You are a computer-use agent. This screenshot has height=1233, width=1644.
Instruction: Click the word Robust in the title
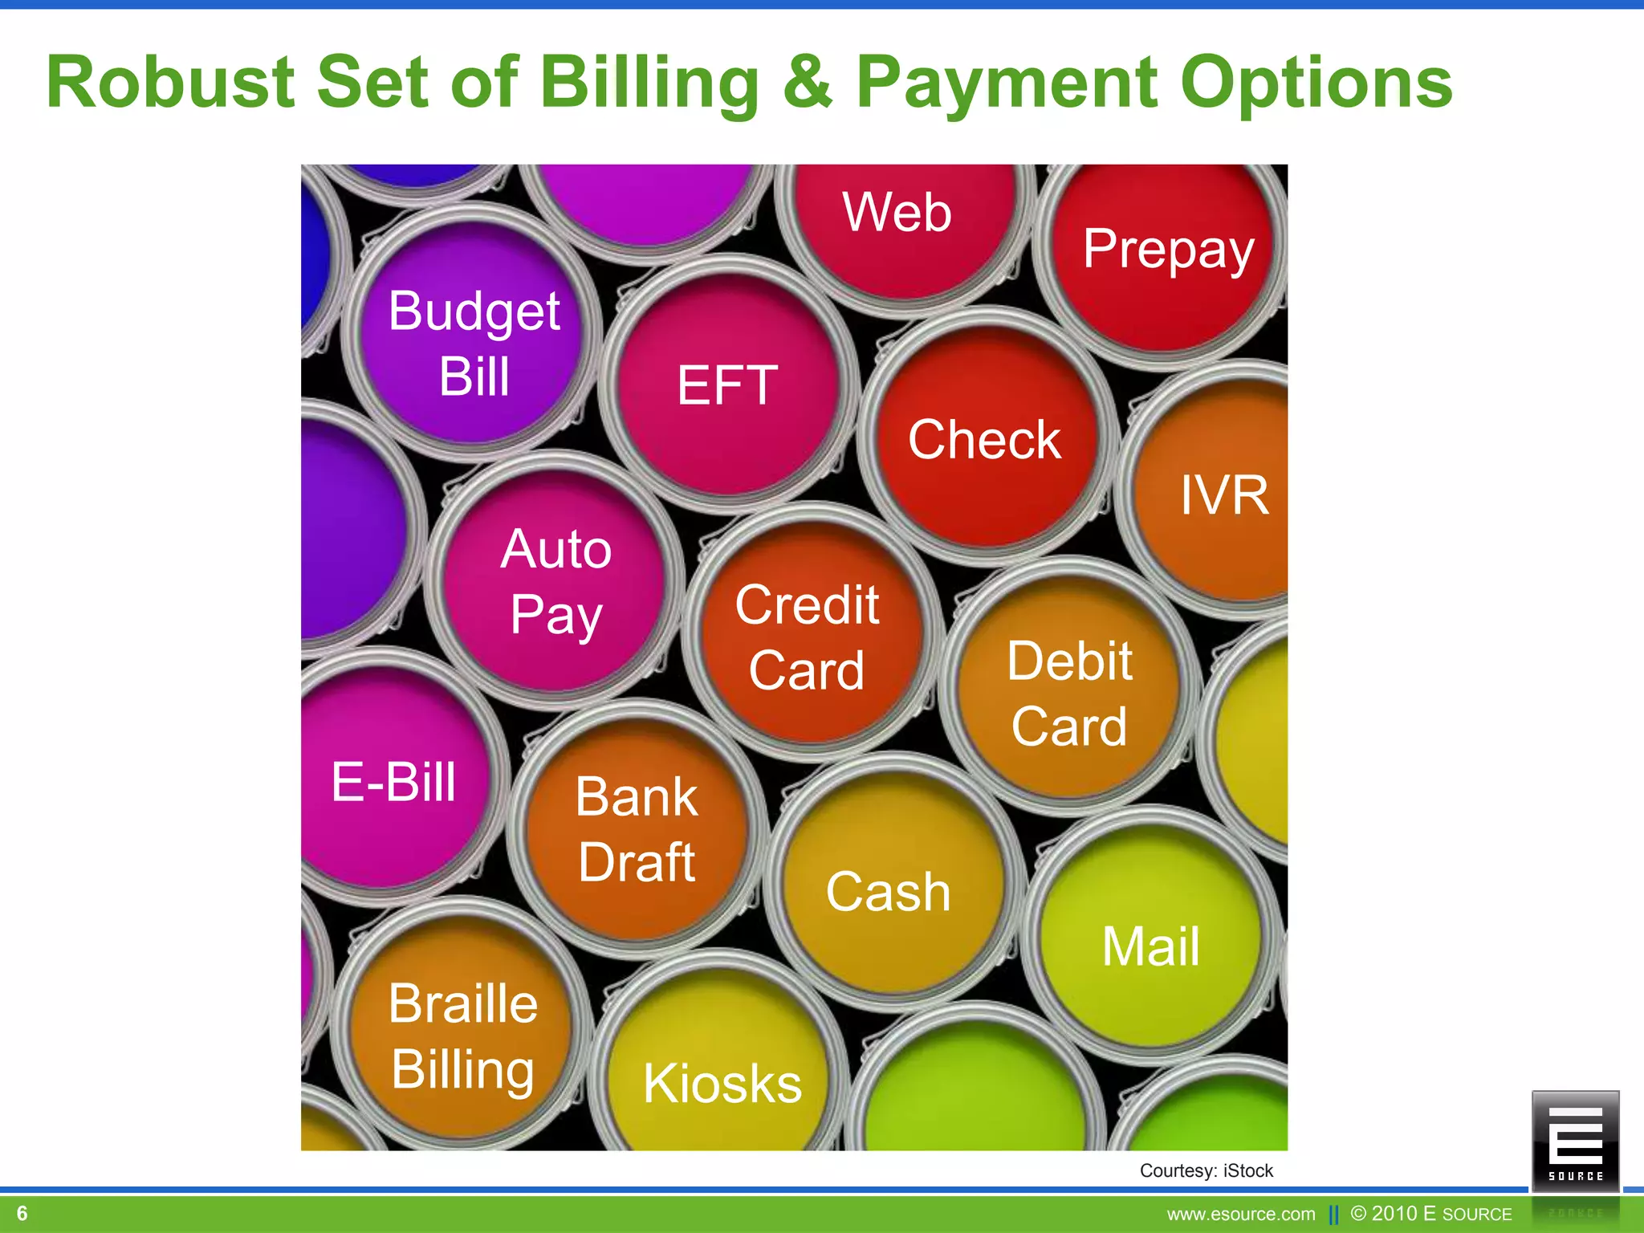(x=170, y=83)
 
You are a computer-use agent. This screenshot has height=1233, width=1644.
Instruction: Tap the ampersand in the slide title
(x=807, y=83)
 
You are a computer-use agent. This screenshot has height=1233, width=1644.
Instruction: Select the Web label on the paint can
(x=897, y=213)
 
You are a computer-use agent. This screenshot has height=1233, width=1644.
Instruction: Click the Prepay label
(x=1168, y=250)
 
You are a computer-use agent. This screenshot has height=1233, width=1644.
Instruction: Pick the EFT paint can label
(x=727, y=385)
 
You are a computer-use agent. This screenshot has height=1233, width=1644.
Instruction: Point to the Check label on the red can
(x=985, y=440)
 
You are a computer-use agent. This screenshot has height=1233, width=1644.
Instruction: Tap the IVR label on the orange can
(x=1224, y=495)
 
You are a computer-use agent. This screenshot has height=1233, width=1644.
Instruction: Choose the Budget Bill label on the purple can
(x=474, y=344)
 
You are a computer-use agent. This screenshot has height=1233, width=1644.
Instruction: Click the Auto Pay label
(x=556, y=582)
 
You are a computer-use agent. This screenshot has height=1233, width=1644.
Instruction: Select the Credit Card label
(x=807, y=637)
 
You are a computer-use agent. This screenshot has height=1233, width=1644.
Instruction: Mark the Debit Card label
(x=1069, y=694)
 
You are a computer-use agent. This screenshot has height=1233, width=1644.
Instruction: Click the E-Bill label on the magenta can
(x=393, y=782)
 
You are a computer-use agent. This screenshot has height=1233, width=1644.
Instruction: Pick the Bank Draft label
(x=637, y=830)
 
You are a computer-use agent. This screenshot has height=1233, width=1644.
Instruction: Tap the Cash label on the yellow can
(x=888, y=892)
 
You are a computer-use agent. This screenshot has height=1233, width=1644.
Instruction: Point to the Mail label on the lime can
(x=1151, y=946)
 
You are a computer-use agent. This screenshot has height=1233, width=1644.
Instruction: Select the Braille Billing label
(x=463, y=1036)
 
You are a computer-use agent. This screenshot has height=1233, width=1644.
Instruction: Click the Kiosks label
(x=722, y=1084)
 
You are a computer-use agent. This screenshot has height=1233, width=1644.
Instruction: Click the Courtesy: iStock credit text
(x=1206, y=1171)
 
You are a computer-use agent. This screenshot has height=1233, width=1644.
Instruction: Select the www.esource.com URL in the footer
(x=1241, y=1215)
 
